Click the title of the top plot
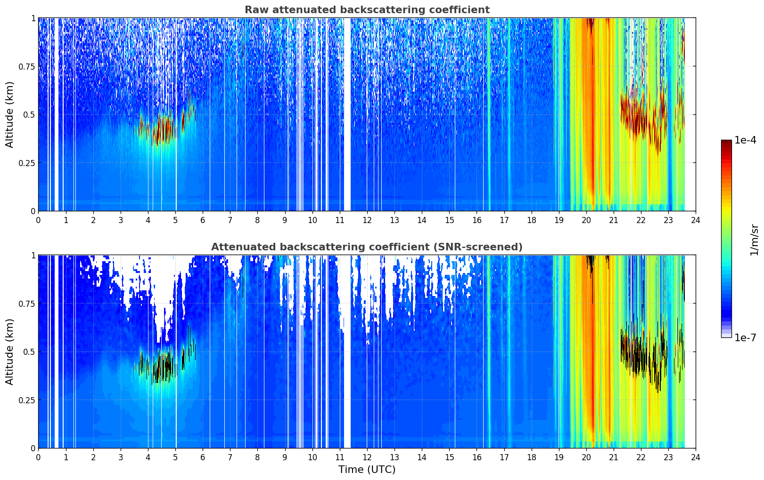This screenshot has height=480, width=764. (367, 9)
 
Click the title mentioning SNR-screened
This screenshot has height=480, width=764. (367, 247)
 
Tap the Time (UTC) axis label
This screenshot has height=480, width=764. (367, 470)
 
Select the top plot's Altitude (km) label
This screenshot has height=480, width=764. (9, 115)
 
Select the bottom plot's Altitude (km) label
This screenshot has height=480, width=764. (9, 352)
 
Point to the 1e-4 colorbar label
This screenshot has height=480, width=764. (745, 140)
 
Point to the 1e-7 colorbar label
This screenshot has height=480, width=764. (745, 338)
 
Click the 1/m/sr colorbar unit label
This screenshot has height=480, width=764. (754, 240)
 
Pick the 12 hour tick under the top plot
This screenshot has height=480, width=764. (367, 220)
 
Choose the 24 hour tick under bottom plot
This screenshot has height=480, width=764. (696, 457)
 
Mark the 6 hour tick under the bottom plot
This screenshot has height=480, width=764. (203, 457)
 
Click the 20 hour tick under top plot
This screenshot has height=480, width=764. (586, 220)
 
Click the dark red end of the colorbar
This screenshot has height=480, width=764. (726, 142)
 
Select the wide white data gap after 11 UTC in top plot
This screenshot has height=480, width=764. (347, 114)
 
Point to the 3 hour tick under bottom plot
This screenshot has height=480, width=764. (120, 457)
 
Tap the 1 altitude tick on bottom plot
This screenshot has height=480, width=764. (33, 256)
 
